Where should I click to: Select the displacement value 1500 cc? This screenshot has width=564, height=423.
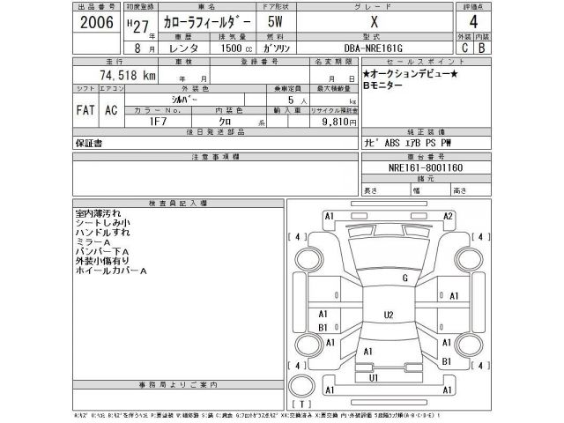coord(237,50)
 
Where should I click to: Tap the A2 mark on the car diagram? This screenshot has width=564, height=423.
coord(448,217)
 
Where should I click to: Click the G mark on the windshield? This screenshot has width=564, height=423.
coord(404,278)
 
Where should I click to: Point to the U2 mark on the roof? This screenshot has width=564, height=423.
coord(388,315)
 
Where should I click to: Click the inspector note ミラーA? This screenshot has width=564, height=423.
coord(93,242)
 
